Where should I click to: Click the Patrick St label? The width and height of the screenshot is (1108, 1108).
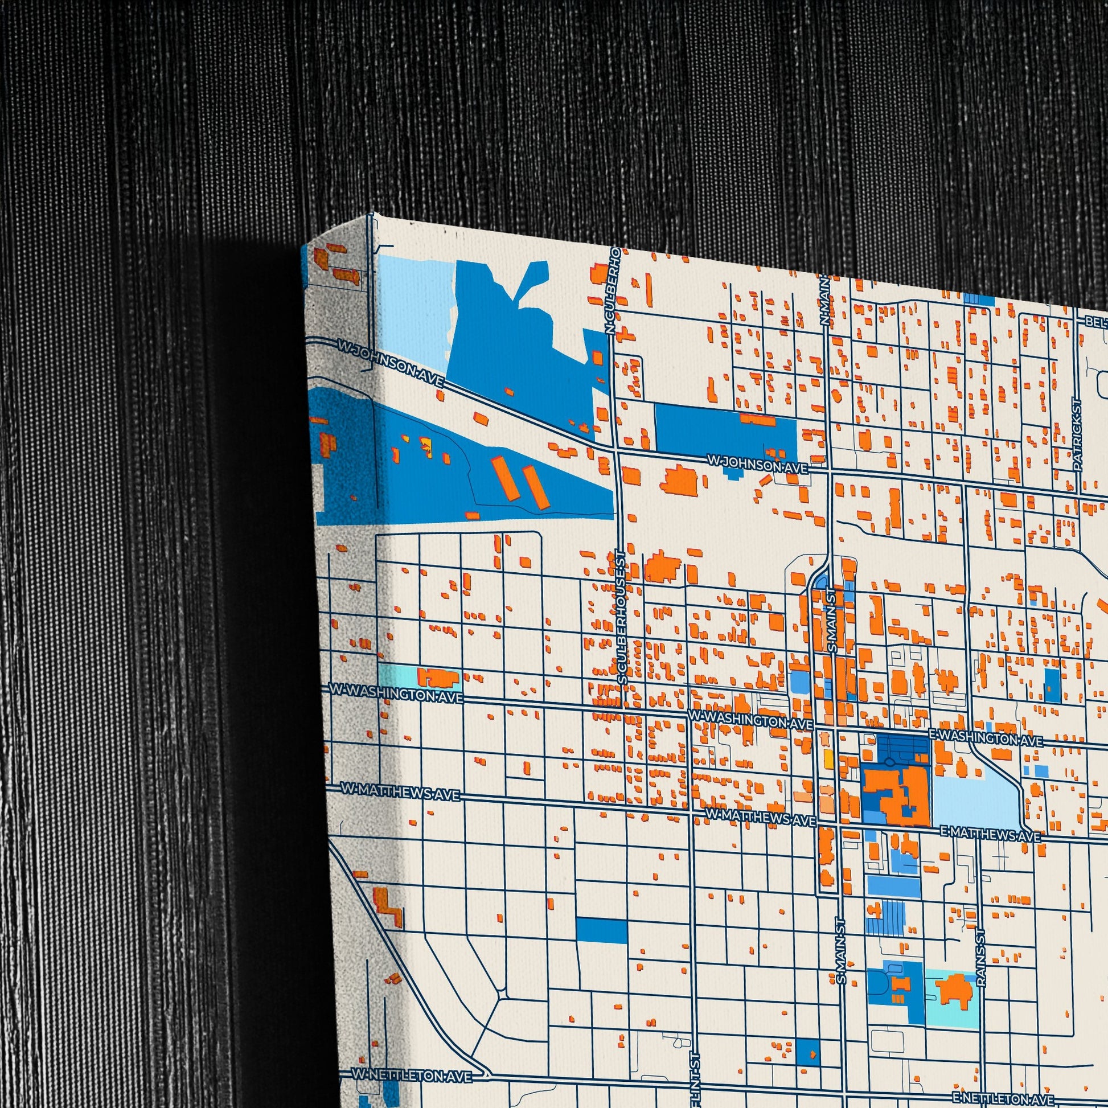pos(1077,434)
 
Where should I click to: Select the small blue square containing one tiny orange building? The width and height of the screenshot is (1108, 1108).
pos(808,1050)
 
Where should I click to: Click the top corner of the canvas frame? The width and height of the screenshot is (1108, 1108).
pos(371,214)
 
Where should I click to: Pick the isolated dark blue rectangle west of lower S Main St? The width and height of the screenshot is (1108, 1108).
pos(601,934)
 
